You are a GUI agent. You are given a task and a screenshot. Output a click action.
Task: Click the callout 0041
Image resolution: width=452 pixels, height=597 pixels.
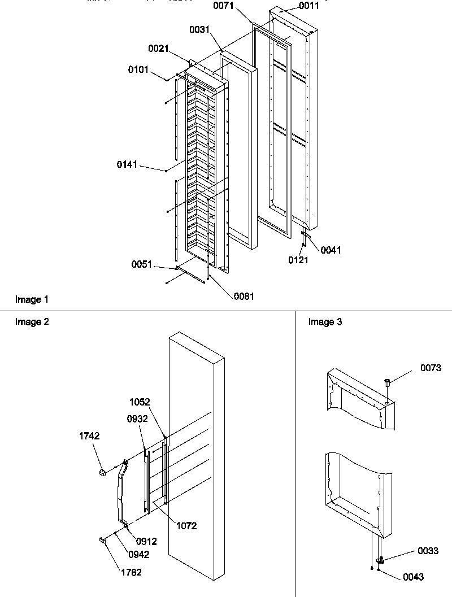click(x=331, y=250)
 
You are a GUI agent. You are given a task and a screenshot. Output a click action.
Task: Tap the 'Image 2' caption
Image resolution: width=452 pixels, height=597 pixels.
click(x=32, y=322)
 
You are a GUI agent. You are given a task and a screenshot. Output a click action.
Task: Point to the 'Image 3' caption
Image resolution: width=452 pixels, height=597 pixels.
click(x=325, y=322)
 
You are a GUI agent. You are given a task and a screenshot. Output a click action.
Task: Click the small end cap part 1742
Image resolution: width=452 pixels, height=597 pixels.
click(x=103, y=471)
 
